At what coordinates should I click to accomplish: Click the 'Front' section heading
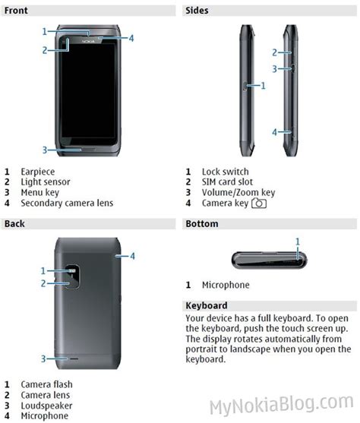[17, 11]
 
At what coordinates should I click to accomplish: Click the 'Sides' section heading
[197, 11]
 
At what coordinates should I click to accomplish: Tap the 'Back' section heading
[15, 223]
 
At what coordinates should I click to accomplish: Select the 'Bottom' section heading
[202, 223]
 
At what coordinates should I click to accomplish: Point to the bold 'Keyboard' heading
[207, 305]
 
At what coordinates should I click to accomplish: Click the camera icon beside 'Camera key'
[260, 204]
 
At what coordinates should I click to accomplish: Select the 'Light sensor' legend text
[46, 182]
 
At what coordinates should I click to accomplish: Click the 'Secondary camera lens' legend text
[67, 203]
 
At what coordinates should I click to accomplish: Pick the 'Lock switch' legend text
[225, 172]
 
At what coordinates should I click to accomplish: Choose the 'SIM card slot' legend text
[228, 182]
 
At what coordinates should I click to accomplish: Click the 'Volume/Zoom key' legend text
[238, 193]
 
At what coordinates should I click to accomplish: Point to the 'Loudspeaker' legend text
[46, 406]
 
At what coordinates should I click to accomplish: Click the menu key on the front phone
[90, 149]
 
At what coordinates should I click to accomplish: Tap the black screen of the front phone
[90, 91]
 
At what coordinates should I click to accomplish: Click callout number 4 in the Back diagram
[131, 256]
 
